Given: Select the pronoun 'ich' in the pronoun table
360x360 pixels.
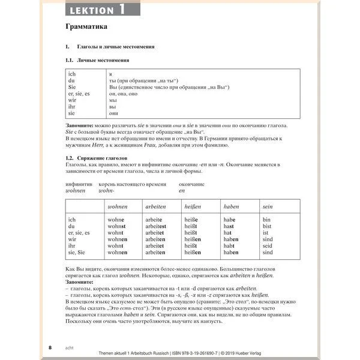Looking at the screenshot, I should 72,73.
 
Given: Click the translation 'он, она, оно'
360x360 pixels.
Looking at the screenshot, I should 124,93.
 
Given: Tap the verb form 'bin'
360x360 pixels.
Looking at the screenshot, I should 267,220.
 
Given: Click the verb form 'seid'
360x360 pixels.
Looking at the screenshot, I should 268,245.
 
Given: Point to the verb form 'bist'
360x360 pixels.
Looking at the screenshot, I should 268,226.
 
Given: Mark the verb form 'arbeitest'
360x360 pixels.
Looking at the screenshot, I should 158,226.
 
